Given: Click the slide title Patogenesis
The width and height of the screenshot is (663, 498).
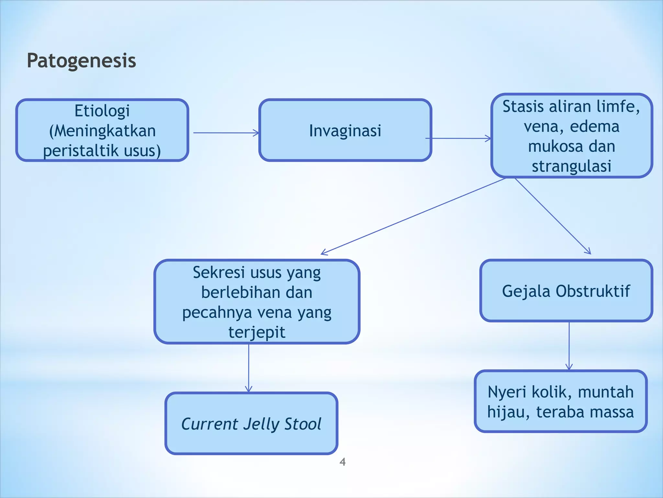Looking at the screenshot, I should coord(81,61).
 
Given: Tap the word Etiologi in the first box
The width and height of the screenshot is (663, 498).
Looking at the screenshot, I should coord(102,111).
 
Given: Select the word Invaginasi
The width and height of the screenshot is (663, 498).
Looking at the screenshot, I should coord(345,131).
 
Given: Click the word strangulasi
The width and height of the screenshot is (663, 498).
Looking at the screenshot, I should coord(571,166).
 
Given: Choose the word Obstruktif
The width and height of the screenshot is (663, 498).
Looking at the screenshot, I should coord(593,291).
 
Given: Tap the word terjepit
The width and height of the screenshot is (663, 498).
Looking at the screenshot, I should coord(257,332).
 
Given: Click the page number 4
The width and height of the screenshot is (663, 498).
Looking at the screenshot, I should coord(343,462).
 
